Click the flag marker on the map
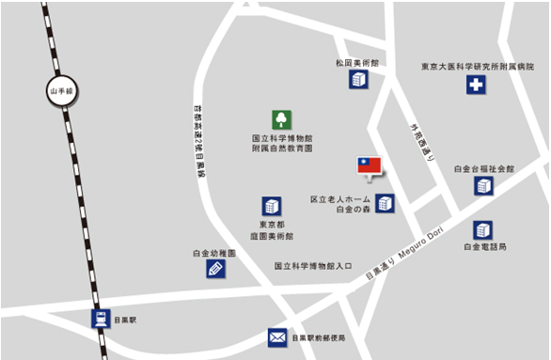click(x=370, y=167)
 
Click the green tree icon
click(x=281, y=119)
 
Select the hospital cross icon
click(x=477, y=86)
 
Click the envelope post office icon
click(x=276, y=337)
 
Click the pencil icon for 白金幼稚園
click(x=215, y=269)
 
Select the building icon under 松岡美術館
click(x=359, y=80)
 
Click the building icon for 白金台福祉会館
click(x=483, y=186)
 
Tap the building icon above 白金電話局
click(x=483, y=229)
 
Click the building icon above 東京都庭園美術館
click(x=272, y=206)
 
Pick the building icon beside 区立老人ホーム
click(x=385, y=202)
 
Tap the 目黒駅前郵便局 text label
click(x=318, y=337)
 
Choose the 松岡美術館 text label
click(x=357, y=62)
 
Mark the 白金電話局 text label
click(x=484, y=247)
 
